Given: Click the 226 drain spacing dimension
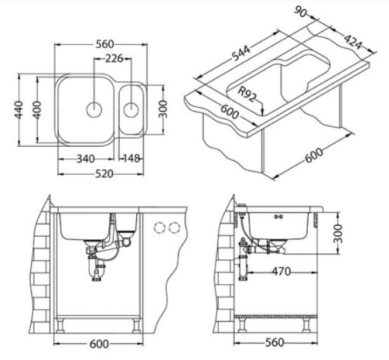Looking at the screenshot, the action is (x=114, y=59).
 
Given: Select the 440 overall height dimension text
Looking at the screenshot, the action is (x=19, y=110).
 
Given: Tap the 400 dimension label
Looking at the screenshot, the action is (x=37, y=110).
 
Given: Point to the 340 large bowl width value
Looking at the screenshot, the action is (x=86, y=159).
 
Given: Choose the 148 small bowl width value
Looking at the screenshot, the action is (x=131, y=159).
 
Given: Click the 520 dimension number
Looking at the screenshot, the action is (x=104, y=174).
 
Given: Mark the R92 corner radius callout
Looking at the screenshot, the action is (x=247, y=94).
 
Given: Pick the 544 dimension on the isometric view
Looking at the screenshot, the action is (x=241, y=53).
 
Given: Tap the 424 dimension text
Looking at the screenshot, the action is (x=352, y=42).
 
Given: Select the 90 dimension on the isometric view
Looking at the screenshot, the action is (x=300, y=12).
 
